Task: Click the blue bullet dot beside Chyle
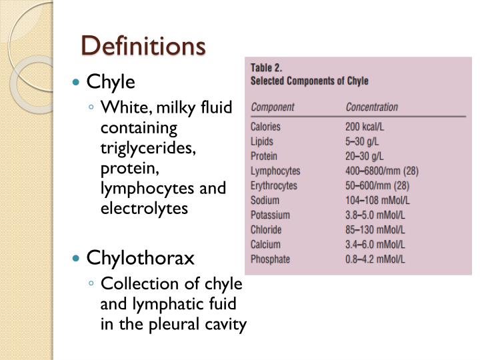click(x=77, y=83)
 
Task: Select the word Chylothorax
click(x=140, y=258)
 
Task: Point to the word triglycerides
click(x=149, y=149)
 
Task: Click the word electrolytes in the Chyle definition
click(x=144, y=209)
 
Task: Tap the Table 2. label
click(x=267, y=68)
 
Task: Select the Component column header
click(x=273, y=107)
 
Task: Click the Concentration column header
click(x=371, y=107)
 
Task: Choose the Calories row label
click(x=265, y=127)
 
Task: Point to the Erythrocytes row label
click(x=274, y=185)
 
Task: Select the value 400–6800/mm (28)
click(x=382, y=171)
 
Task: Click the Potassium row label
click(x=270, y=215)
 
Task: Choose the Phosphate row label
click(x=270, y=259)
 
